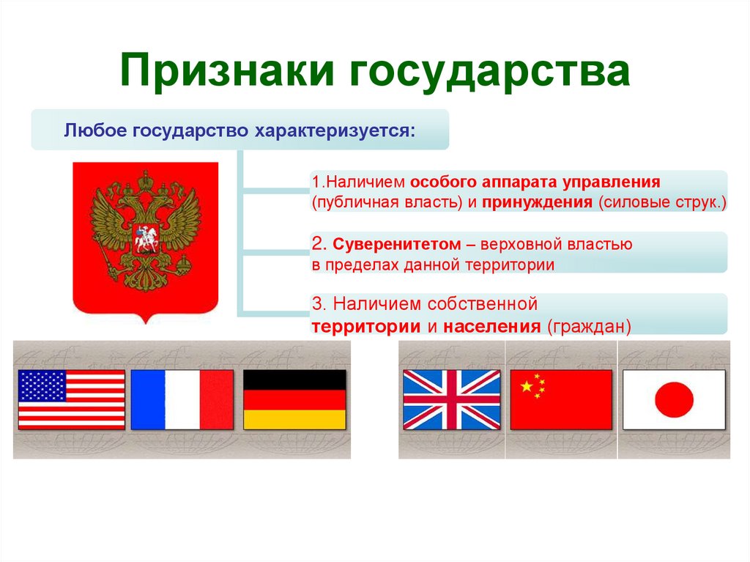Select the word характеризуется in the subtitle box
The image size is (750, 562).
334,131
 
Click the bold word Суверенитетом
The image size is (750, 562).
396,245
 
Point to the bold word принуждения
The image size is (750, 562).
537,202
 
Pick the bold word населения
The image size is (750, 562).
491,327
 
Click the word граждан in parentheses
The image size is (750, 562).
589,327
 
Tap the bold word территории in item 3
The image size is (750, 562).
366,327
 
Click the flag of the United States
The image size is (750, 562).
71,400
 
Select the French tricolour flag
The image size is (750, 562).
182,400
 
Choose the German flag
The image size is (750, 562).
294,400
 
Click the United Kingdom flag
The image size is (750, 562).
452,400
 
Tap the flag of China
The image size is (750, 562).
561,400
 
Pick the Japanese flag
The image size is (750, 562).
674,400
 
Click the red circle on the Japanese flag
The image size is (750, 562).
674,400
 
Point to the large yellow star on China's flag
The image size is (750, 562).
526,386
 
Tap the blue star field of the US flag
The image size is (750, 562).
42,386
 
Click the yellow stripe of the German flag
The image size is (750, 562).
294,420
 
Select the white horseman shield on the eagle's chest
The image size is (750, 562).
146,238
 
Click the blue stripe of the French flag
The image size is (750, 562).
148,400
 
